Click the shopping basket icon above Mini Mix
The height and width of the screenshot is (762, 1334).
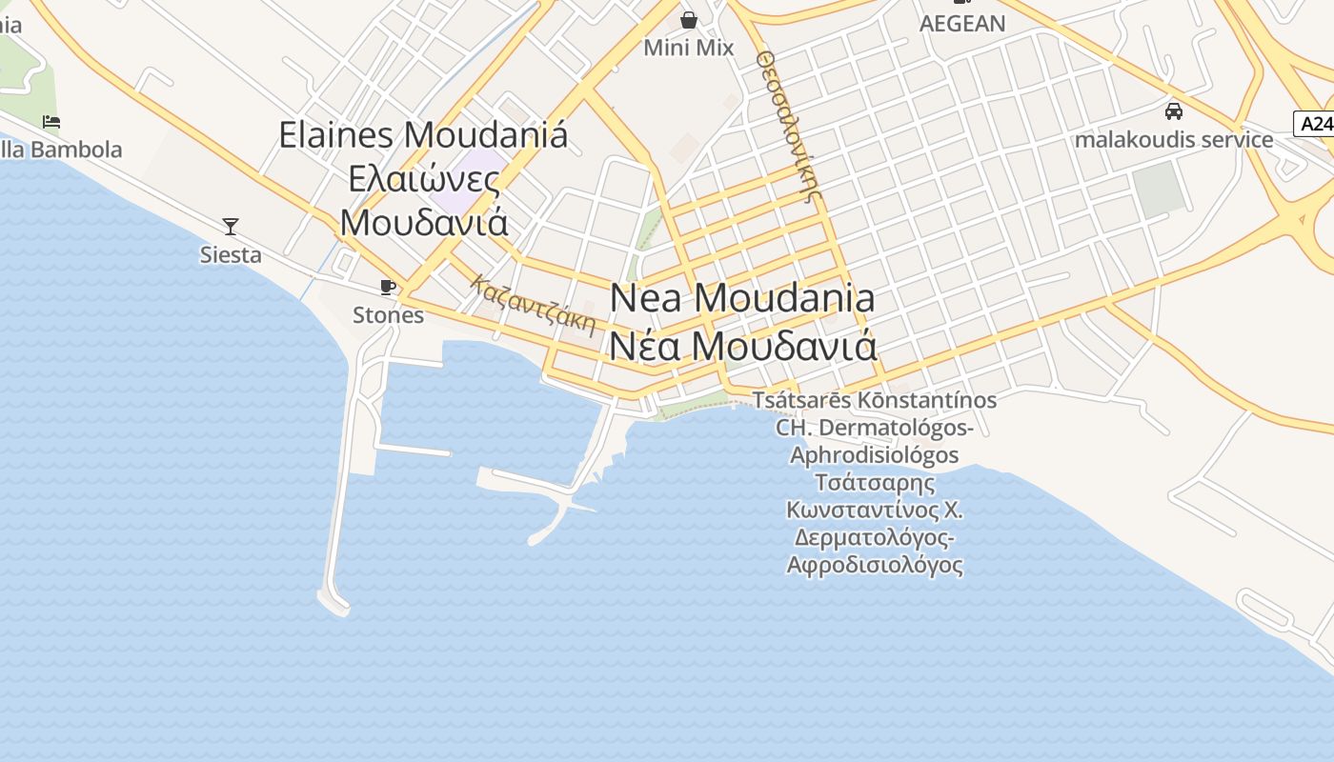[688, 19]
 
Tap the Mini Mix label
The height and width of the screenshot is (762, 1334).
[688, 47]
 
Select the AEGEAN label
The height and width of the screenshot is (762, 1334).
[961, 24]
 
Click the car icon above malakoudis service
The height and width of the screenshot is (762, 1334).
[1174, 110]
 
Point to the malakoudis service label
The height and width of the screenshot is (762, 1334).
[1174, 139]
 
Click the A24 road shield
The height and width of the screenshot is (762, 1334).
[1314, 123]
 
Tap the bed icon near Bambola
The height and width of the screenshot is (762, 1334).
[51, 121]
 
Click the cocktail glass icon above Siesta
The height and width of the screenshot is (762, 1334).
[231, 226]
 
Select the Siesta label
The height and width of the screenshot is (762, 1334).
[231, 254]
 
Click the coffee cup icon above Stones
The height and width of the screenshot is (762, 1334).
[388, 287]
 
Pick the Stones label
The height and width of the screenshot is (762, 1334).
[388, 314]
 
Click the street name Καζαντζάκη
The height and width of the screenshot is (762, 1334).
[533, 306]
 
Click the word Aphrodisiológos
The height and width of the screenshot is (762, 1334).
[874, 454]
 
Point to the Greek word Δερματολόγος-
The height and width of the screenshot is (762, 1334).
[874, 537]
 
